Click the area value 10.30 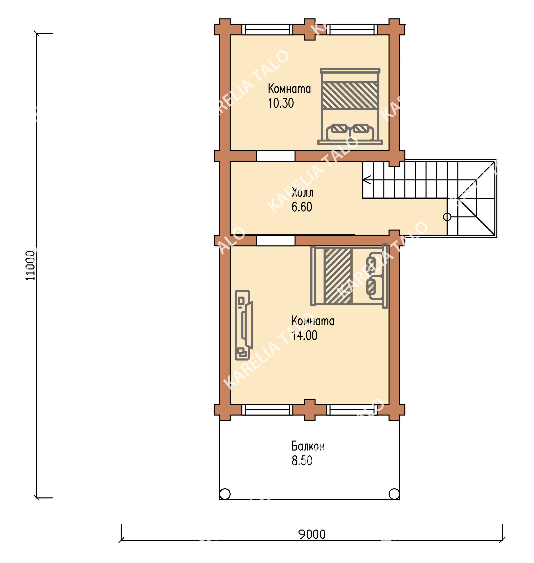tap(281, 103)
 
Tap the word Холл tap(302, 192)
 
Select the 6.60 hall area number tap(302, 207)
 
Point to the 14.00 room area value tap(304, 335)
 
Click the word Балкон tap(308, 446)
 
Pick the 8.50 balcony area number tap(302, 461)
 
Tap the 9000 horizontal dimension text tap(312, 534)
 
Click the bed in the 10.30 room tap(350, 107)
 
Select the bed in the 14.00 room tap(349, 276)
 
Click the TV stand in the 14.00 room tap(244, 325)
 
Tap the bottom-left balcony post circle tap(225, 493)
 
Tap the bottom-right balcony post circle tap(394, 493)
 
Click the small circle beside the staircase tap(447, 217)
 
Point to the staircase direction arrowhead tap(367, 180)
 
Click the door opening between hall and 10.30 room tap(276, 156)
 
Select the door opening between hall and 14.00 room tap(276, 241)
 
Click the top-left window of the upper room tap(267, 29)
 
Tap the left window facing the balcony tap(267, 410)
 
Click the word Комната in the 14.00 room tap(313, 321)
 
